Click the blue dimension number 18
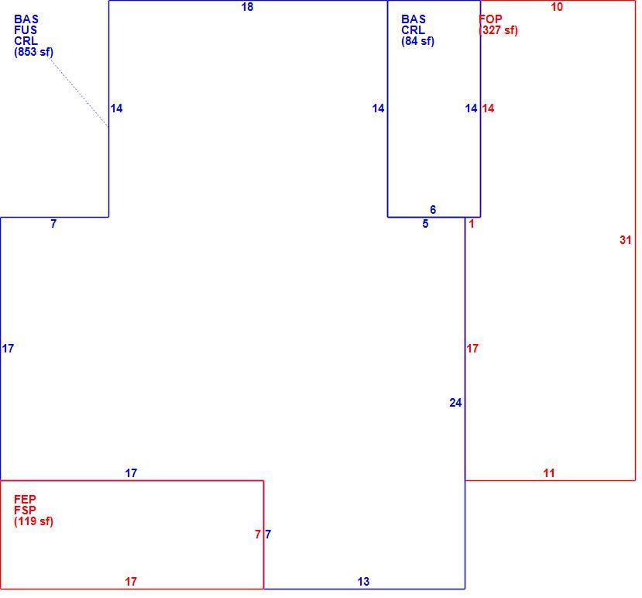click(x=247, y=6)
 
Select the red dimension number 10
click(x=557, y=6)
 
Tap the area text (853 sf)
click(x=33, y=52)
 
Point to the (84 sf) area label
click(x=417, y=41)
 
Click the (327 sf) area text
click(x=498, y=30)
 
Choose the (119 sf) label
click(x=33, y=521)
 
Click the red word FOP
click(x=490, y=19)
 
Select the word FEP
click(x=25, y=500)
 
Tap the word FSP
click(x=25, y=510)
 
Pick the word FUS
click(x=26, y=30)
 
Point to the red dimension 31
click(x=625, y=240)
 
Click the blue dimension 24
click(x=455, y=403)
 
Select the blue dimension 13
click(x=363, y=582)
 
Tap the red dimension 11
click(x=549, y=473)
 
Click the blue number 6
click(x=433, y=210)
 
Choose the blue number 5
click(x=425, y=224)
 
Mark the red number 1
click(x=472, y=224)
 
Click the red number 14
click(x=488, y=108)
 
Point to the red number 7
click(x=258, y=534)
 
